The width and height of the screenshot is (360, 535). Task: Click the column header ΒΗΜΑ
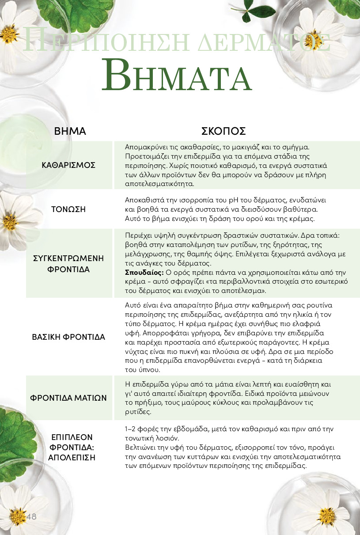point(70,131)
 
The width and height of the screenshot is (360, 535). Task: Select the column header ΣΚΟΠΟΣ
point(224,131)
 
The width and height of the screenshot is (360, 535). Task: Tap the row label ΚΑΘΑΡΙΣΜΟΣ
point(68,165)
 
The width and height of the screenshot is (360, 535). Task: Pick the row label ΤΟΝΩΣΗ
point(68,209)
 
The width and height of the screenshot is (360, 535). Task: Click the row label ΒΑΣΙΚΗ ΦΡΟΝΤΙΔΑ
point(68,337)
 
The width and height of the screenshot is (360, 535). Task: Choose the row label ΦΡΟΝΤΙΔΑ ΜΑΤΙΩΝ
point(68,398)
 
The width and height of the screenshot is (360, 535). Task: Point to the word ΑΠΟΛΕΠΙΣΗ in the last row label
point(72,457)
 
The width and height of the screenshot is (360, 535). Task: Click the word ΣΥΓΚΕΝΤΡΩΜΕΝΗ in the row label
point(68,258)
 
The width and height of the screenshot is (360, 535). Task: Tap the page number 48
point(31,517)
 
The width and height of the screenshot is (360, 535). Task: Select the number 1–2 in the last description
point(131,429)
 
